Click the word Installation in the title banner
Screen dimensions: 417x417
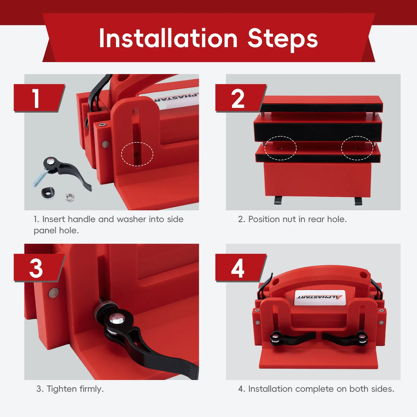coord(168,38)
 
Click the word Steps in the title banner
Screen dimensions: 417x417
coord(283,40)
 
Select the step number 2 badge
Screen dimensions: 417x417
coord(241,98)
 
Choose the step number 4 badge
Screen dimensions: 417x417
coord(241,268)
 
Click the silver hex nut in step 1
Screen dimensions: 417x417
coord(70,197)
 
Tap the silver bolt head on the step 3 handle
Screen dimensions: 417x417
coord(117,318)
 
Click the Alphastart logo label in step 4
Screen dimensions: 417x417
coord(320,297)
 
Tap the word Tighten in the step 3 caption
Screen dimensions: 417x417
coord(62,389)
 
